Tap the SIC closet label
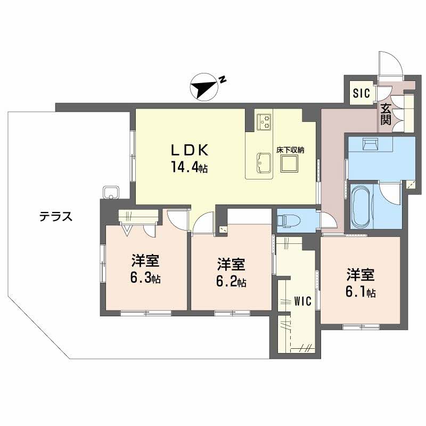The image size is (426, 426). coord(361,94)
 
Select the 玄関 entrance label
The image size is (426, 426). coord(386,113)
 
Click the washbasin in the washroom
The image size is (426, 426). coord(370,144)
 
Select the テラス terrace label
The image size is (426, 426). coord(55,217)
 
